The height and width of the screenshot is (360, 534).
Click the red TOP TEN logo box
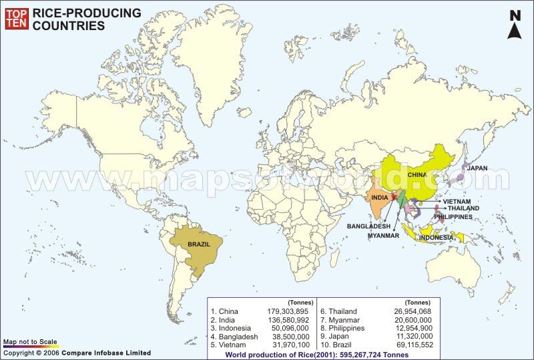coord(17,19)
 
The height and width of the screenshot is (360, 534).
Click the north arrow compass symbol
coord(515,25)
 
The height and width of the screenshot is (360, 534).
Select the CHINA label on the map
coord(417,174)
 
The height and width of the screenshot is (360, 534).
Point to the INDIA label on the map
coord(380,198)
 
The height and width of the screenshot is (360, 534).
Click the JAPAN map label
coord(477,168)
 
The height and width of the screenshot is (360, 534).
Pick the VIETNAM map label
coord(457,201)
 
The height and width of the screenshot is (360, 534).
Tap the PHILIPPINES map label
coord(453,216)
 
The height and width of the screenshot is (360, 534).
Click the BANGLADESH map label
coord(368,226)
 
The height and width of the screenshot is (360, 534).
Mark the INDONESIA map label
coord(436,237)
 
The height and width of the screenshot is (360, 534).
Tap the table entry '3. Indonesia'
coord(230,328)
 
